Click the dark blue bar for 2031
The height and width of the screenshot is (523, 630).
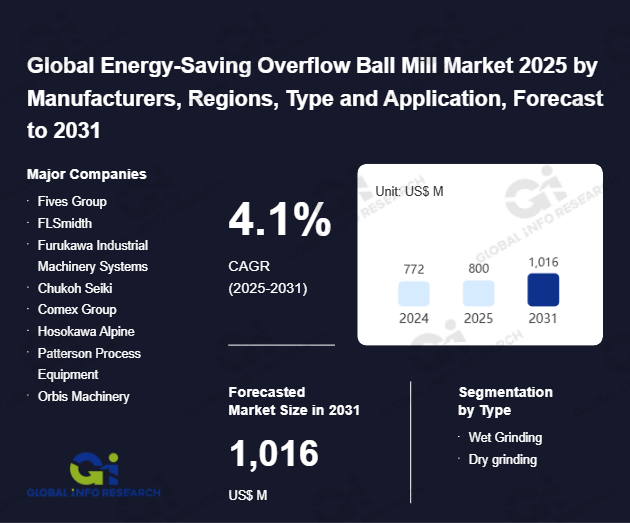pos(542,289)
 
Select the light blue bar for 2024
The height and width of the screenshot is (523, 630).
pos(414,293)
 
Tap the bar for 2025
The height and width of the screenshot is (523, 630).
pos(478,293)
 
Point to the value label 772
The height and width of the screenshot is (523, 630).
pos(414,269)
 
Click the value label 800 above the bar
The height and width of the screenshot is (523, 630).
pos(478,269)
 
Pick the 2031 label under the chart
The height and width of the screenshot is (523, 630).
pos(542,318)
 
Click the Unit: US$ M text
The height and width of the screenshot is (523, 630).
pos(409,190)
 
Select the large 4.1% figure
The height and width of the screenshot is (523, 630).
pos(280,220)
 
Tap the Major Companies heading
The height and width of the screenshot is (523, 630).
pos(87,174)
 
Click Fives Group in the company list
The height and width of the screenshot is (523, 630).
pos(72,201)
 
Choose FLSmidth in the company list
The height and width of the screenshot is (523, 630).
pos(65,223)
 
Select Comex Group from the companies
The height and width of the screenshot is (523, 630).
pos(77,310)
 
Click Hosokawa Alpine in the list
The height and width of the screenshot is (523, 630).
pos(86,332)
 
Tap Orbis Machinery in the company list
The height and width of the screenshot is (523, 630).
pos(83,397)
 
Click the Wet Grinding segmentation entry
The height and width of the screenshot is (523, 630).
pos(505,438)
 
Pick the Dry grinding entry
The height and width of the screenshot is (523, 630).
pos(503,460)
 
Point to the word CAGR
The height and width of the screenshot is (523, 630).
pos(250,267)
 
